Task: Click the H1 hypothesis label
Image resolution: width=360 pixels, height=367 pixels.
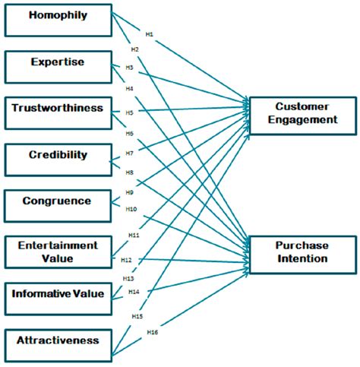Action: [150, 33]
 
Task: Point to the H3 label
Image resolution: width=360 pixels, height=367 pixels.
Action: [130, 68]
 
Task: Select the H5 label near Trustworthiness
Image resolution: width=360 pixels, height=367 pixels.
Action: [130, 112]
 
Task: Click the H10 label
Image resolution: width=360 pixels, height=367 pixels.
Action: [131, 208]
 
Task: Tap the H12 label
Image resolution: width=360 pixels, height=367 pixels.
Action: [126, 261]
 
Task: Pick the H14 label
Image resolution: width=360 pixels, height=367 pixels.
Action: [134, 292]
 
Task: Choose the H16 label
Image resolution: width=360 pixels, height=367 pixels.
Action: [151, 331]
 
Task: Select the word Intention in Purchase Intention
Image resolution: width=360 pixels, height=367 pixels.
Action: [302, 259]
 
